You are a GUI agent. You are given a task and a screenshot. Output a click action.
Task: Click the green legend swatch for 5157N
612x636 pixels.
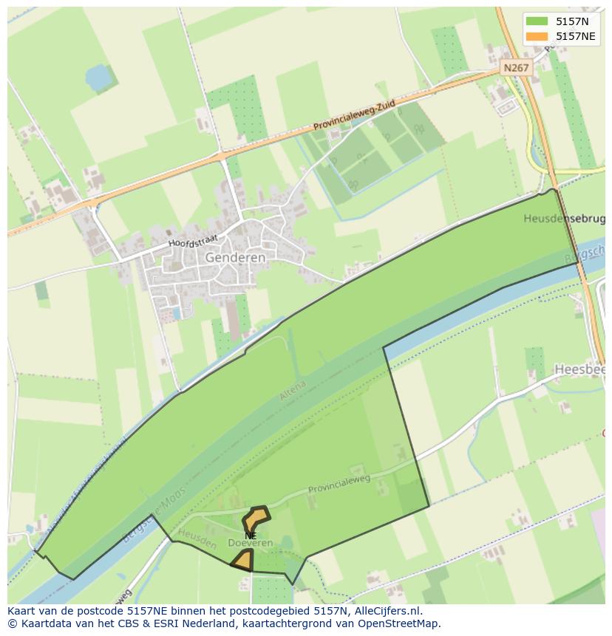pos(537,21)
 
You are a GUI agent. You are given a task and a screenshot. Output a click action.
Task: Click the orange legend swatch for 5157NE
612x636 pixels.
pos(537,36)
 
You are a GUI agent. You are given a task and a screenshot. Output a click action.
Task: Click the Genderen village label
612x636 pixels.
pos(235,257)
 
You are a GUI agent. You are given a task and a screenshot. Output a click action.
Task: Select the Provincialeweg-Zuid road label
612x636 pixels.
pos(354,117)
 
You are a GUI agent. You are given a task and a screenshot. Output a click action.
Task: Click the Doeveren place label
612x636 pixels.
pos(251,543)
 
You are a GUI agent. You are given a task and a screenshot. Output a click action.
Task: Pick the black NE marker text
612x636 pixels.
pos(251,535)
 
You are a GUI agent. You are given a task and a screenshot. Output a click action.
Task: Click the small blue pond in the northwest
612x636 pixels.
pos(96,76)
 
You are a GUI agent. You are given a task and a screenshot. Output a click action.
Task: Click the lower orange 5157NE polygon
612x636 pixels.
pos(242,561)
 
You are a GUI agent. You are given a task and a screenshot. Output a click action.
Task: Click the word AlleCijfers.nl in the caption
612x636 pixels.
pos(386,611)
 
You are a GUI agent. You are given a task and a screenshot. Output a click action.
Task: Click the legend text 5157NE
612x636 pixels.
pos(576,36)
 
